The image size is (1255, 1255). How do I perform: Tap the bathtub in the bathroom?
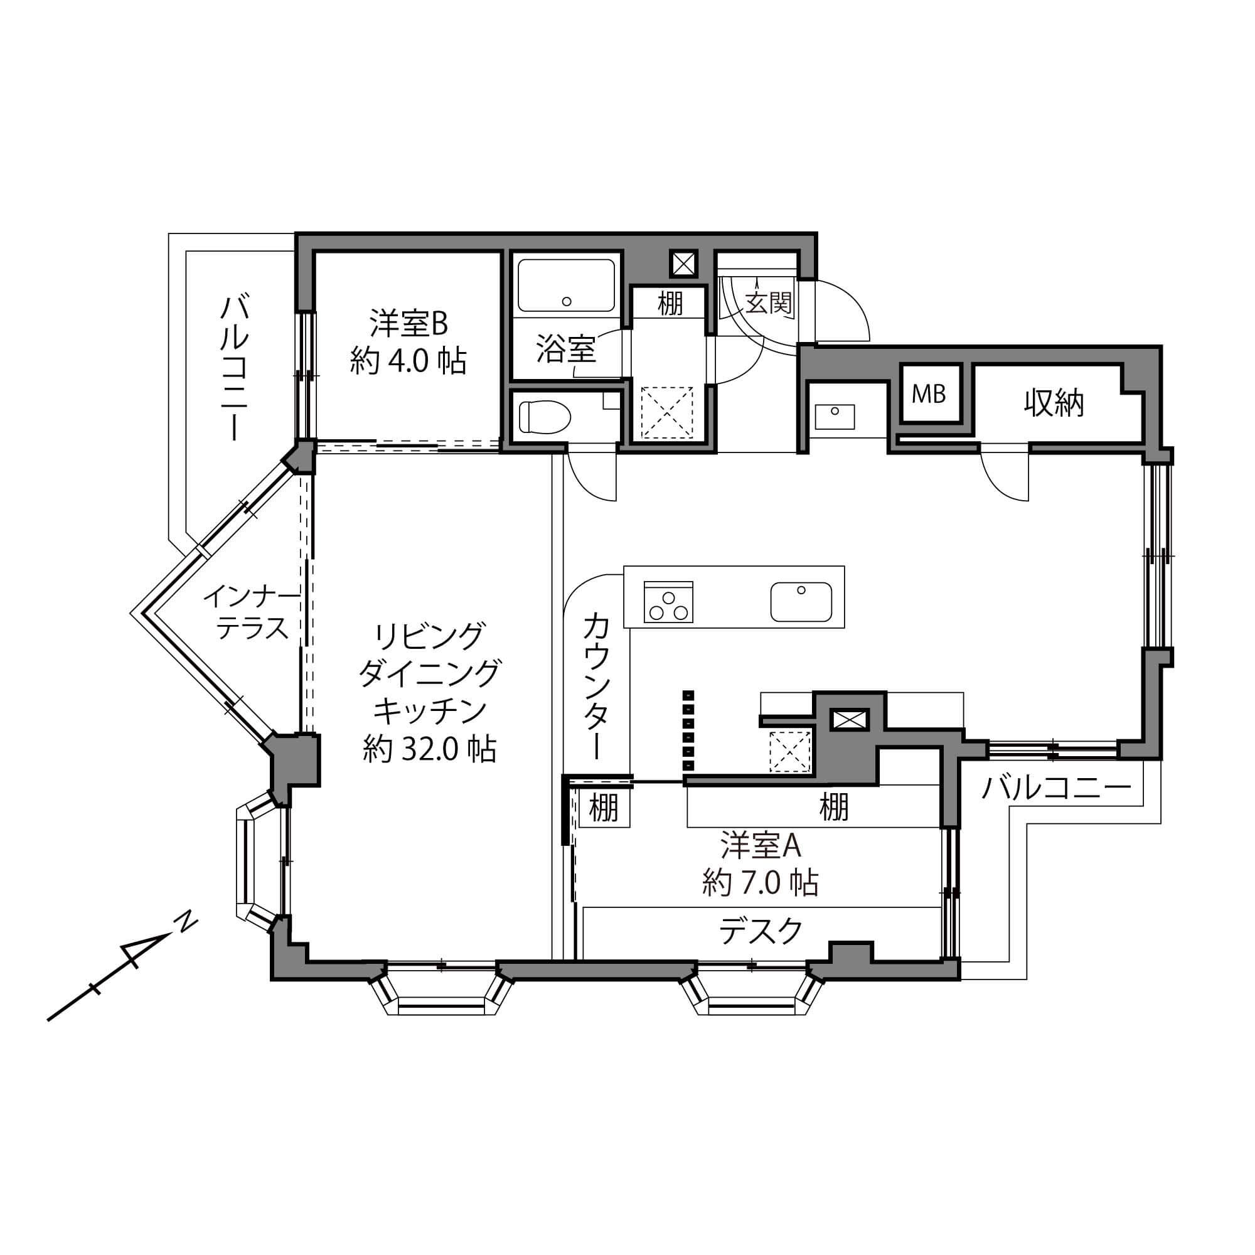567,286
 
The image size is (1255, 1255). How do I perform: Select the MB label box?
928,393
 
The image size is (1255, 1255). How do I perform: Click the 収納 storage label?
1054,403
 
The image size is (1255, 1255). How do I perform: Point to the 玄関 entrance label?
769,302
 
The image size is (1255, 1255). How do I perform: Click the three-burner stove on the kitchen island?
668,602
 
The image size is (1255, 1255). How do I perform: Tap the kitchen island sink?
801,602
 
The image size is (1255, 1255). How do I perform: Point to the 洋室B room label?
409,324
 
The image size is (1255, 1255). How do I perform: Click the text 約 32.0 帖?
429,750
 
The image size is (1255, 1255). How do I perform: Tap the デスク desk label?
761,931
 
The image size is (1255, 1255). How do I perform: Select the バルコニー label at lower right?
1056,789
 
